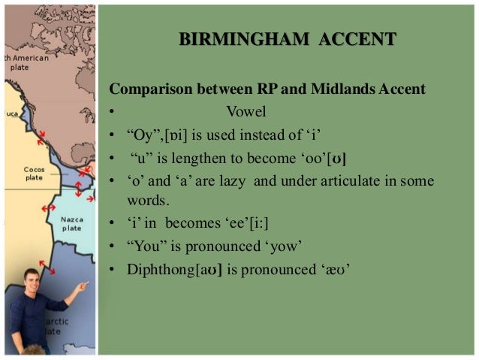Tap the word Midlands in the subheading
pos(339,90)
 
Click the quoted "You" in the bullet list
pos(144,246)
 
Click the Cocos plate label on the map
pos(34,174)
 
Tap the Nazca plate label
pos(72,223)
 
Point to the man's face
pos(32,283)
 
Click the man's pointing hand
pos(83,286)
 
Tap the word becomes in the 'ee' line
pos(190,223)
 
